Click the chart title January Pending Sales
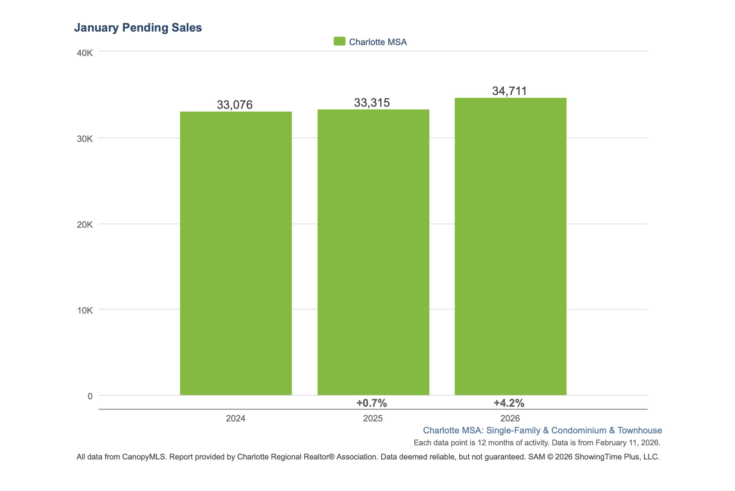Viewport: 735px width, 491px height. [138, 28]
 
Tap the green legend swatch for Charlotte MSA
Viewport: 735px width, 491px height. [339, 41]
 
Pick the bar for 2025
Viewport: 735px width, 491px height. [373, 252]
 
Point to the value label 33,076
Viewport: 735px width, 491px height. [235, 105]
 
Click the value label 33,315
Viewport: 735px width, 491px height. [372, 103]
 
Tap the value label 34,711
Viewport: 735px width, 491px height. [509, 91]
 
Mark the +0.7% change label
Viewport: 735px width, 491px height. [371, 403]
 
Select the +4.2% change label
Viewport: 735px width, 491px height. [509, 403]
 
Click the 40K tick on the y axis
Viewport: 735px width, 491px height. [85, 53]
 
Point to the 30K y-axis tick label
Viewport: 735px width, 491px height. [85, 139]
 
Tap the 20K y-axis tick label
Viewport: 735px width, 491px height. [85, 225]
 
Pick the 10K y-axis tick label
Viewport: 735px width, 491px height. [85, 310]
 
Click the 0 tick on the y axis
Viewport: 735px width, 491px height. [90, 396]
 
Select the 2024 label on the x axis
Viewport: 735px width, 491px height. [236, 418]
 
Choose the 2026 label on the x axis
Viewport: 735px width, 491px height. [510, 418]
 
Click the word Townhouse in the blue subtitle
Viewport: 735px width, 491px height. [639, 430]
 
